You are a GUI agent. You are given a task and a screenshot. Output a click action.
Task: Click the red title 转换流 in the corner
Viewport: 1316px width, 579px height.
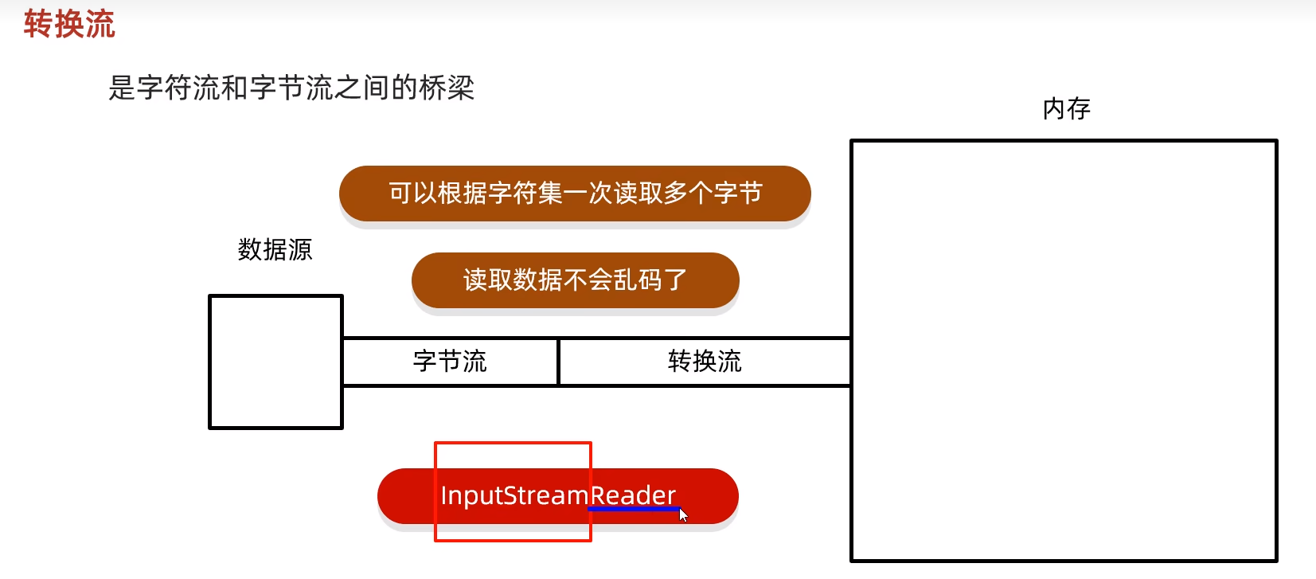pos(69,24)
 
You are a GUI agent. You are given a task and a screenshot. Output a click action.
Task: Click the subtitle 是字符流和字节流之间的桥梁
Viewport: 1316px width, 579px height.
pos(291,88)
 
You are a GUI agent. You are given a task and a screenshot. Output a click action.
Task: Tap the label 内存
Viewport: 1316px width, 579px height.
pos(1066,108)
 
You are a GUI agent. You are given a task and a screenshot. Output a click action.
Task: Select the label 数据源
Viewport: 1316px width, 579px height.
pos(275,250)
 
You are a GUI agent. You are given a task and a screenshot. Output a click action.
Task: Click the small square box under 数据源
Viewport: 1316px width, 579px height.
pos(275,362)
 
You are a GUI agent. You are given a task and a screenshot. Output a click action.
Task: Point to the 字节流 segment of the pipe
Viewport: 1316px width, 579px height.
pos(450,362)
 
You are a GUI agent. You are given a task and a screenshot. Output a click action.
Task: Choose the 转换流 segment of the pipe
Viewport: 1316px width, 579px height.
pos(705,362)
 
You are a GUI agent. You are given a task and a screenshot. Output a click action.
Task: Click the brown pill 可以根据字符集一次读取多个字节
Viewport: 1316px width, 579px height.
pos(575,194)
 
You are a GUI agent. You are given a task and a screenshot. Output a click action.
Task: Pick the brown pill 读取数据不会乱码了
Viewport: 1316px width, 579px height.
pos(575,280)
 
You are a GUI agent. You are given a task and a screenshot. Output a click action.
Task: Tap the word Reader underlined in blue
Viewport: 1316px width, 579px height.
pos(633,495)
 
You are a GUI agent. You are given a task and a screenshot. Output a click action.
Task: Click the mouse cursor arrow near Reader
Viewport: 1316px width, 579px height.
pos(683,514)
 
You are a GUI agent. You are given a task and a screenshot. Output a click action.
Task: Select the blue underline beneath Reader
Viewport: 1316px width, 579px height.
pos(633,508)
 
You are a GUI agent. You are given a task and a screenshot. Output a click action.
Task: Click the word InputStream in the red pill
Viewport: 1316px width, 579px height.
pos(514,495)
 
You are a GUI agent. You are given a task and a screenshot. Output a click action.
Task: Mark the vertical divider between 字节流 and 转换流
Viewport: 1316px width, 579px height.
pos(558,362)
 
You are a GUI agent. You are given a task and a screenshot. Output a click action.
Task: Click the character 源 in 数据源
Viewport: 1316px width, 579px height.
pos(300,250)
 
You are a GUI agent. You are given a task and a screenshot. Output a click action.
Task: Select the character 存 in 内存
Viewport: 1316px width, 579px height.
pos(1079,108)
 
